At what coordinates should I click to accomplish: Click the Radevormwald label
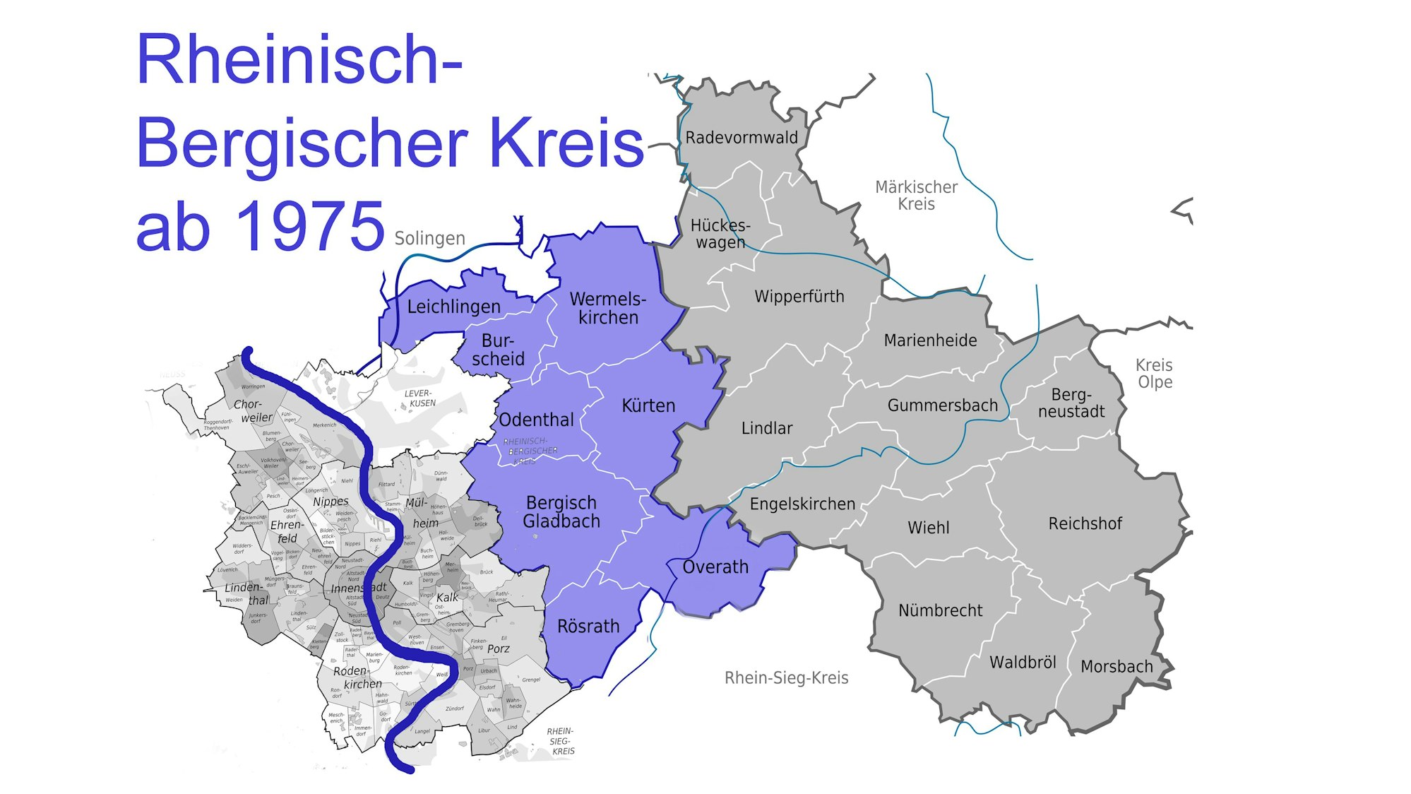pyautogui.click(x=741, y=138)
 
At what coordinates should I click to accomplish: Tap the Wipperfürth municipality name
pyautogui.click(x=799, y=297)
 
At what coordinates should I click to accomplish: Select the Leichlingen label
pyautogui.click(x=453, y=307)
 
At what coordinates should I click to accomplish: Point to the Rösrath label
pyautogui.click(x=588, y=627)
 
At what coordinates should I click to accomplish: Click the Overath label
pyautogui.click(x=715, y=567)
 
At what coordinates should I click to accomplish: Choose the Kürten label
pyautogui.click(x=648, y=406)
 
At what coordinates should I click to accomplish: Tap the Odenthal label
pyautogui.click(x=536, y=420)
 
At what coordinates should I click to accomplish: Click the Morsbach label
pyautogui.click(x=1116, y=667)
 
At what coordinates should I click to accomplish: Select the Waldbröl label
pyautogui.click(x=1022, y=663)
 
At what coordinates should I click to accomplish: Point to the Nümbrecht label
pyautogui.click(x=940, y=611)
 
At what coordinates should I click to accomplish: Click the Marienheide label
pyautogui.click(x=930, y=340)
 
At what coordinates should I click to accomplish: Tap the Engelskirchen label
pyautogui.click(x=802, y=504)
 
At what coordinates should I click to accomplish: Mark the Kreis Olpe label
pyautogui.click(x=1154, y=374)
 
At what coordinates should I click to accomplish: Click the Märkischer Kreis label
pyautogui.click(x=916, y=196)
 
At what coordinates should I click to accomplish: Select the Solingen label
pyautogui.click(x=429, y=239)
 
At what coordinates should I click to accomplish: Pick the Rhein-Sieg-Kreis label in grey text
pyautogui.click(x=786, y=678)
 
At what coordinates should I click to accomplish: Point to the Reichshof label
pyautogui.click(x=1085, y=524)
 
